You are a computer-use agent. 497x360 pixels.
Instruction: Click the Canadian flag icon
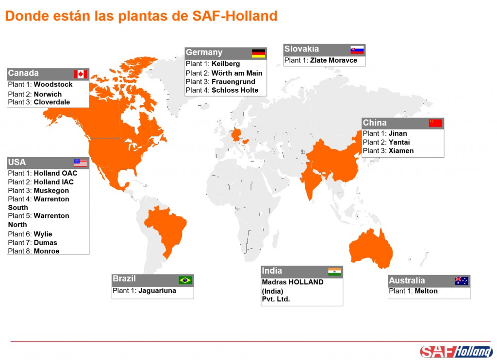pos(81,74)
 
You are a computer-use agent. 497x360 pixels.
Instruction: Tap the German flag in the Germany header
pos(258,53)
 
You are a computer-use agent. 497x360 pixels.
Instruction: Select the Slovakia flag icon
pos(357,49)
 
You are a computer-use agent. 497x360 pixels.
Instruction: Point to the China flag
pos(435,123)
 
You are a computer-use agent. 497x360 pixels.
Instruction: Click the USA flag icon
pos(81,163)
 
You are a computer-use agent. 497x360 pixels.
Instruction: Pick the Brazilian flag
pos(185,280)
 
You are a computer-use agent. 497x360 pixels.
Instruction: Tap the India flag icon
pos(334,271)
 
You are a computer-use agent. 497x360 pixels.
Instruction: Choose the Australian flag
pos(462,281)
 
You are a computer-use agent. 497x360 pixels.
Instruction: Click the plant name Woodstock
pos(53,84)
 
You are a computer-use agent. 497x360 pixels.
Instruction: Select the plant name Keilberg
pos(226,64)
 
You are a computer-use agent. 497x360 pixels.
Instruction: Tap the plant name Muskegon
pos(51,191)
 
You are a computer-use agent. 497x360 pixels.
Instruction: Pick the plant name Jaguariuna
pos(157,291)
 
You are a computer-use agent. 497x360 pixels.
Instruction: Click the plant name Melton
pos(426,291)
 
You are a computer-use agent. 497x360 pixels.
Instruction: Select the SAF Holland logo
pos(456,351)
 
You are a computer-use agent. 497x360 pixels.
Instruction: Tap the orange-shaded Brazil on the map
pos(167,228)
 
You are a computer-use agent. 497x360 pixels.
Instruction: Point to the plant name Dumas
pos(46,243)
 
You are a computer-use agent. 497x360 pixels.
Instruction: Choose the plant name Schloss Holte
pos(235,90)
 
